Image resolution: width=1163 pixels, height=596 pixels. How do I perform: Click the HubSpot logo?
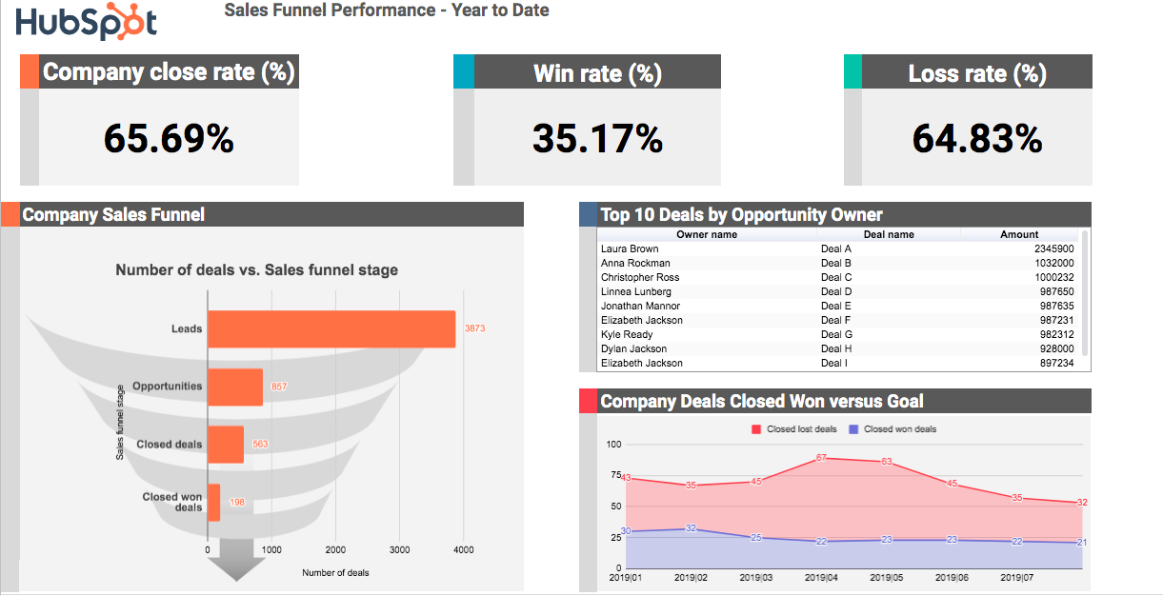[x=86, y=23]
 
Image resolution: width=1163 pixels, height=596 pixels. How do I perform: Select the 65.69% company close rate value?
[x=169, y=138]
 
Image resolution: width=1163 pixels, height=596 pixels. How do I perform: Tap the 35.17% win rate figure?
[x=597, y=138]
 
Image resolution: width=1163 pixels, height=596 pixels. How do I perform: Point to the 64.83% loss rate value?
[x=977, y=138]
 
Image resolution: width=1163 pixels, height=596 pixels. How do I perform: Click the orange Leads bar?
[x=331, y=329]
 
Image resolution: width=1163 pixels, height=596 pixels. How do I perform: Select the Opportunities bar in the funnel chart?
[x=235, y=387]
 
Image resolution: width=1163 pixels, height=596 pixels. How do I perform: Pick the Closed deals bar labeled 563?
[x=226, y=445]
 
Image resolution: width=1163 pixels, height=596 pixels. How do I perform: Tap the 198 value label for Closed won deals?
[x=237, y=503]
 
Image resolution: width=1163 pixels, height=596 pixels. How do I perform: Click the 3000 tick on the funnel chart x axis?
[x=399, y=549]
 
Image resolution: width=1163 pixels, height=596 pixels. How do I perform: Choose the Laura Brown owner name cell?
[x=630, y=248]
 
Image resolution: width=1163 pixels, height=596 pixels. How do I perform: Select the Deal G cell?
[x=836, y=334]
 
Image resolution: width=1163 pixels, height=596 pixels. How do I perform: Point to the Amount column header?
[x=1019, y=234]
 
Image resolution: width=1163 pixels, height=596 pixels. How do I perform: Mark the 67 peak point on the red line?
[x=821, y=458]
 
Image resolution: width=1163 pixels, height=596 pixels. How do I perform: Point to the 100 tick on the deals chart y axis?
[x=613, y=445]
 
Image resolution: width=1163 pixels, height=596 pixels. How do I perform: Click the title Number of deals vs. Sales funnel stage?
[x=257, y=270]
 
